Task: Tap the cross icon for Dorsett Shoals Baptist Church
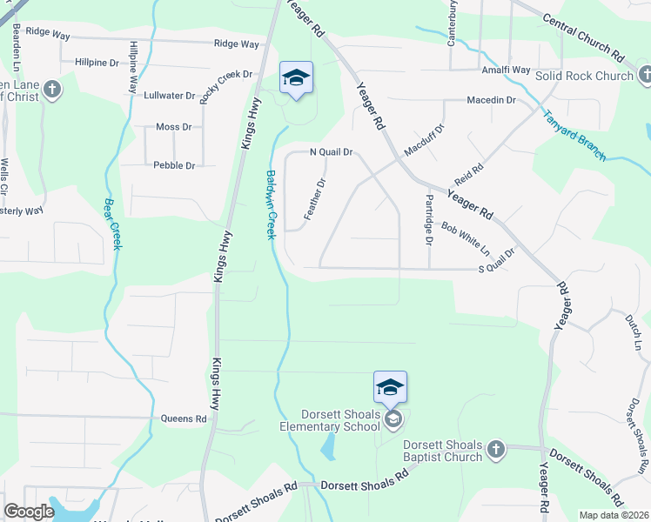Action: click(x=495, y=449)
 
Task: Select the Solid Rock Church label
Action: click(x=584, y=76)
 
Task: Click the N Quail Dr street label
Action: click(x=332, y=152)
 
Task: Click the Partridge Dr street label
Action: click(x=428, y=219)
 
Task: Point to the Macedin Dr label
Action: click(x=491, y=100)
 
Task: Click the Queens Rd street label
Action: click(x=184, y=418)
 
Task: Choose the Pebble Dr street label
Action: click(x=174, y=164)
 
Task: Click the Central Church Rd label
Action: click(x=583, y=36)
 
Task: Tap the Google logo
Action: click(x=29, y=512)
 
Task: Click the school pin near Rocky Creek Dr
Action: click(x=296, y=79)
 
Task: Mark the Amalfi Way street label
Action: click(x=507, y=70)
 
